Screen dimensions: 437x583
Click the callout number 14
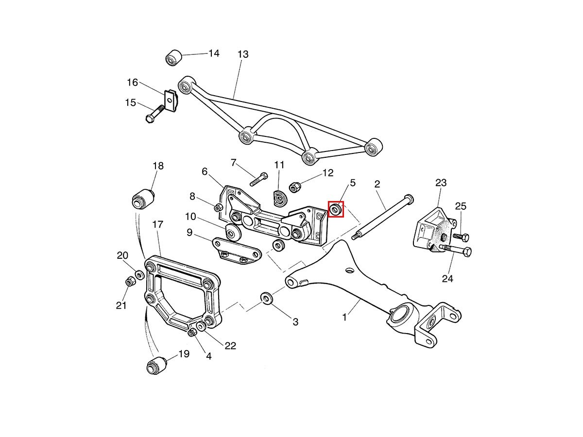coord(214,53)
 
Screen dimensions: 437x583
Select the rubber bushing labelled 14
coord(173,58)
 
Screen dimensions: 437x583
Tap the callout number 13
coord(243,54)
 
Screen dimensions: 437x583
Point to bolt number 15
coord(153,116)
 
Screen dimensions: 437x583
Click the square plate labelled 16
coord(170,101)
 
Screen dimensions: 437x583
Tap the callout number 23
coord(441,183)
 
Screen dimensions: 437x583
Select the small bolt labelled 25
coord(461,237)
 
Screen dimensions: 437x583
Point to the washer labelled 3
coord(267,298)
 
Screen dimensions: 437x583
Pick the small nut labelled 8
coord(219,207)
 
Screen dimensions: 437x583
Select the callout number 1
coord(344,318)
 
